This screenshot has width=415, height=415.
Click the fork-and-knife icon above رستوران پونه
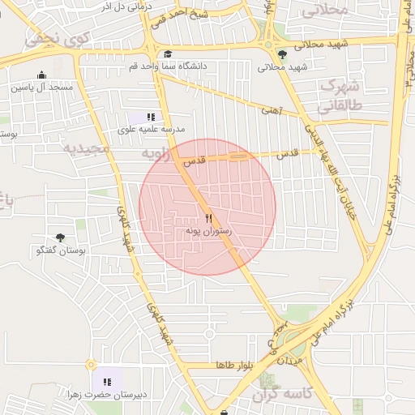point(209,218)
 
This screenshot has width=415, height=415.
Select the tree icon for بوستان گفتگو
point(61,237)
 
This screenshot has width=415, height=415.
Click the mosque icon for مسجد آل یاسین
point(41,75)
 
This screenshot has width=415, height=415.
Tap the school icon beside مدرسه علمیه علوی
point(151,118)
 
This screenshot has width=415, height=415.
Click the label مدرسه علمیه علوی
point(152,130)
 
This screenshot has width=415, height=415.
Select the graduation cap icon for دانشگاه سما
point(168,53)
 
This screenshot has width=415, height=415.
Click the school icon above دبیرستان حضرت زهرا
point(106,382)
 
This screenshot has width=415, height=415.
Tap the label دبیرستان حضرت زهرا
point(106,395)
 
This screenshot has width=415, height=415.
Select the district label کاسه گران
point(282,395)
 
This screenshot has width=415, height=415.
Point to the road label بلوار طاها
point(235,366)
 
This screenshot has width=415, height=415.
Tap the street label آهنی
point(271,110)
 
